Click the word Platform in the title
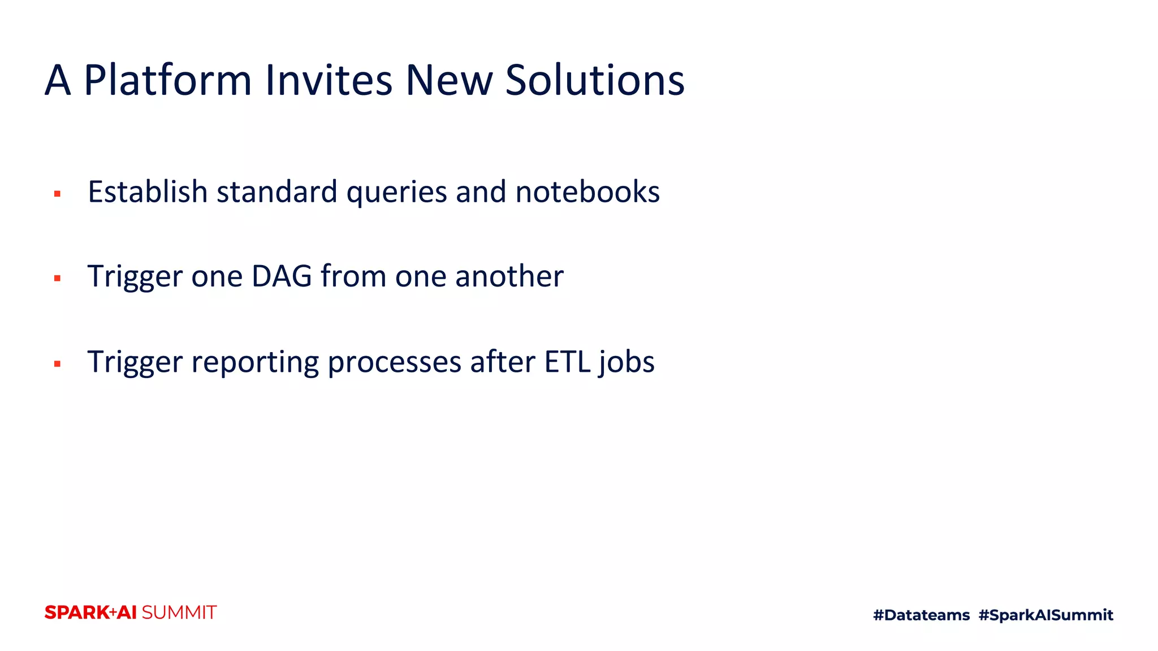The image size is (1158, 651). click(x=167, y=80)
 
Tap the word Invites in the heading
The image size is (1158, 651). click(x=329, y=80)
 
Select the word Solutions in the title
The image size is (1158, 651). click(x=594, y=80)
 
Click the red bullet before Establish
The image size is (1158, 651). click(x=57, y=194)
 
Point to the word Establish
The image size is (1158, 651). click(x=148, y=192)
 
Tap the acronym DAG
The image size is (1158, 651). click(x=282, y=276)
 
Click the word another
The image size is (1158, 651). click(x=509, y=276)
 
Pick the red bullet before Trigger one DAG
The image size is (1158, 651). click(x=57, y=278)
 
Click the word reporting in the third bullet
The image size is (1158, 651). click(x=255, y=363)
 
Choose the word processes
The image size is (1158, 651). click(x=394, y=363)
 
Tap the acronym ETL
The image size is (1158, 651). click(x=567, y=362)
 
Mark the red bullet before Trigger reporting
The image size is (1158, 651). click(x=57, y=364)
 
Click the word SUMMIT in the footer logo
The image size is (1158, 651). click(x=179, y=613)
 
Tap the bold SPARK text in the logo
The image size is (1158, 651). click(x=77, y=613)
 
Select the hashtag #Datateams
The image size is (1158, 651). click(x=921, y=615)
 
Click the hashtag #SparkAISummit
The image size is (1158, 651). click(x=1045, y=615)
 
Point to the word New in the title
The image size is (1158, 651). click(x=449, y=80)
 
